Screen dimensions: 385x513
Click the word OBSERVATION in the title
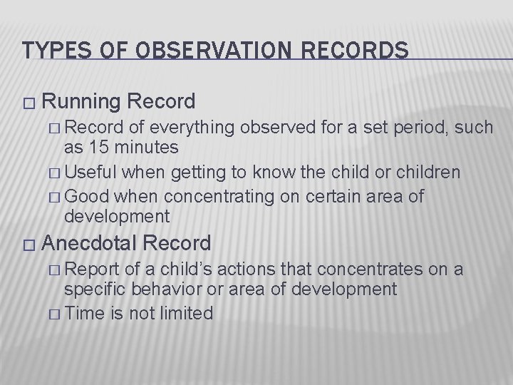[197, 51]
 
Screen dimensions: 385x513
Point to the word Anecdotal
[89, 244]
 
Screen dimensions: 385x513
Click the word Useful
[95, 173]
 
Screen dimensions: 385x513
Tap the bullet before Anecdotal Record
[28, 246]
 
